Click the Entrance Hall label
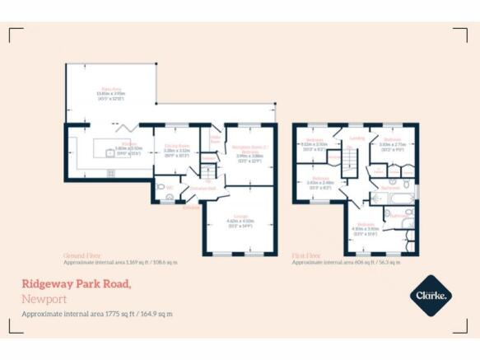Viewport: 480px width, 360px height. tap(202, 189)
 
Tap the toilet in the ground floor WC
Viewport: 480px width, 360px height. tap(161, 188)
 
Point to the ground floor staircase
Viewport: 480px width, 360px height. tap(208, 170)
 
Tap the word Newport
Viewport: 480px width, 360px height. tap(44, 299)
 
